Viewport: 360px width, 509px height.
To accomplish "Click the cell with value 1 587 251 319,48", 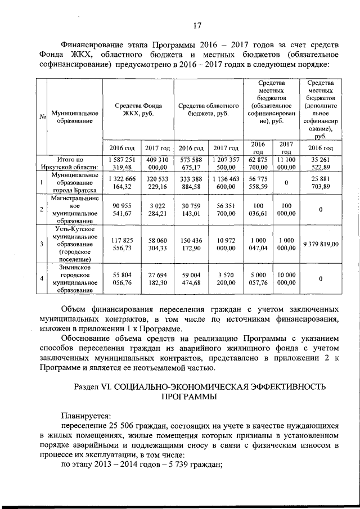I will pyautogui.click(x=122, y=163).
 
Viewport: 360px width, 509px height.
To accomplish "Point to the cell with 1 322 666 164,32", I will pyautogui.click(x=122, y=182).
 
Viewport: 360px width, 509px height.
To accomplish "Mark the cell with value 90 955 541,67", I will pyautogui.click(x=122, y=209).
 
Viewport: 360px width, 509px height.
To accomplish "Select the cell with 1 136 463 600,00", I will pyautogui.click(x=225, y=182).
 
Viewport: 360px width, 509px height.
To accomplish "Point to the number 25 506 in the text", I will pyautogui.click(x=124, y=426).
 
